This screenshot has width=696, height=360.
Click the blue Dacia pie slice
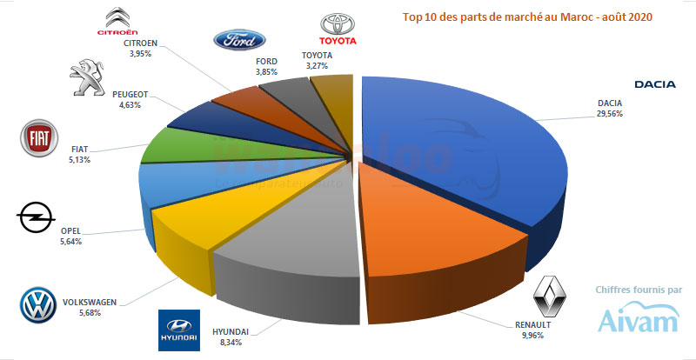pos(452,148)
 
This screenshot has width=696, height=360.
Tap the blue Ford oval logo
pos(239,40)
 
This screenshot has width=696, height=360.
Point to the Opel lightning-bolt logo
pos(37,218)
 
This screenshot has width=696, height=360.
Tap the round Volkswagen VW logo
pos(37,305)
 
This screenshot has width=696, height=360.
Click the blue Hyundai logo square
pos(179,330)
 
